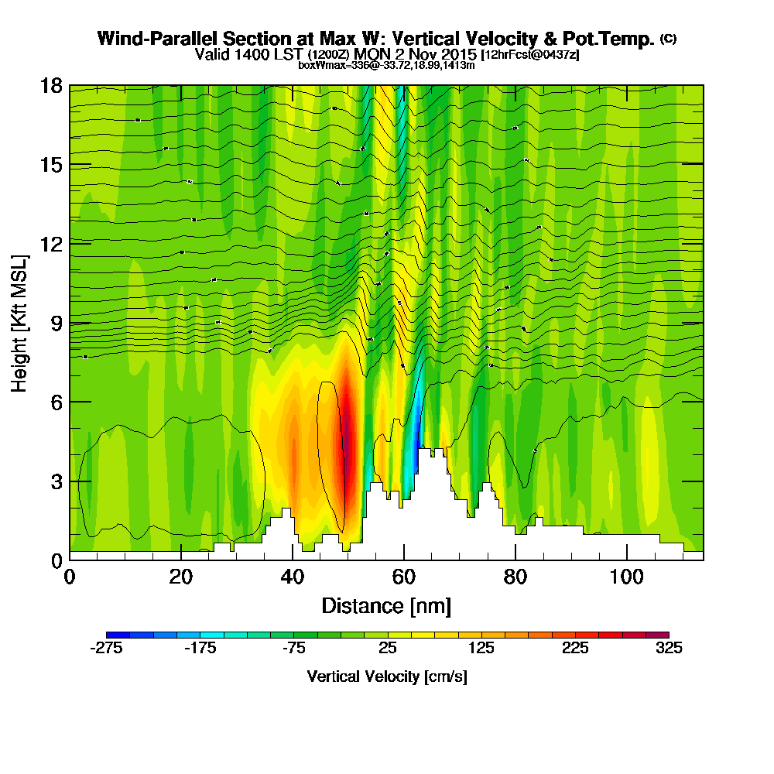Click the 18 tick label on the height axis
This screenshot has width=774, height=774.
click(x=51, y=86)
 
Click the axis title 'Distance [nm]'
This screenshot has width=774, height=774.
click(x=386, y=605)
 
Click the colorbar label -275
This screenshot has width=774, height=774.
click(x=107, y=649)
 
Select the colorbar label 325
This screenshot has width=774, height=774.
click(x=669, y=649)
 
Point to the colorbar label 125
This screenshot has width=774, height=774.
click(x=481, y=649)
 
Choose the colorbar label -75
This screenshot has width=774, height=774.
click(x=294, y=649)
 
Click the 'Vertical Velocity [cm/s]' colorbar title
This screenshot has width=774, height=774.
click(x=387, y=676)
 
